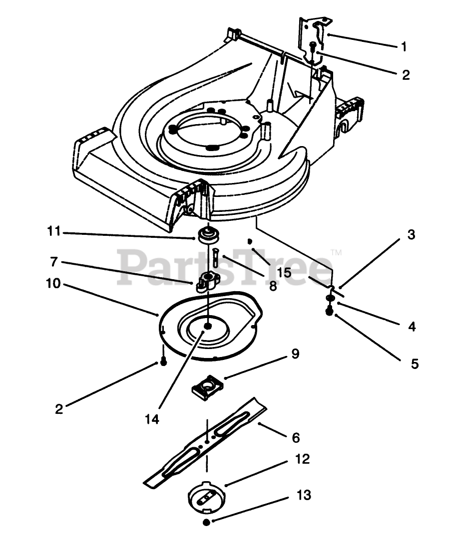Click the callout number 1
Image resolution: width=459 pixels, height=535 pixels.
[404, 47]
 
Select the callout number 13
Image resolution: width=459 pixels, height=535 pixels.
[303, 495]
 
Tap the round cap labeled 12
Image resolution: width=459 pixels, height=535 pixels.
[206, 496]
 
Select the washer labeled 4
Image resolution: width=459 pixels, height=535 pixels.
[329, 298]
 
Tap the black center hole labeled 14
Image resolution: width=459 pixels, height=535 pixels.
[208, 326]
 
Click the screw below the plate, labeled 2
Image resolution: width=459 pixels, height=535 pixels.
[163, 361]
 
